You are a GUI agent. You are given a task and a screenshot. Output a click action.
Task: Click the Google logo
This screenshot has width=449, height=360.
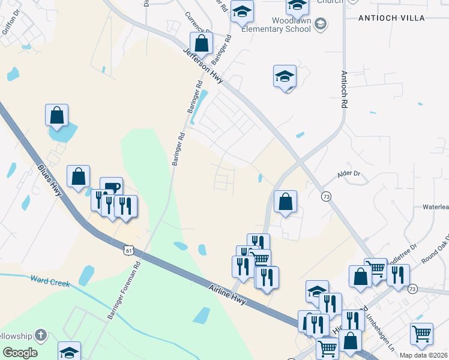19,352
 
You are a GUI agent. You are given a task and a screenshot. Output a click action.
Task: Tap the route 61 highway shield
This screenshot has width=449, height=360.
127,250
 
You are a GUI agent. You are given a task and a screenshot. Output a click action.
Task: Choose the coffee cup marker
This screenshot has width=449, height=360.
112,187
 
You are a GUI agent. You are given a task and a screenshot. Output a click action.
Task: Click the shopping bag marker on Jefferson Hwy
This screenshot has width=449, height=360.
202,43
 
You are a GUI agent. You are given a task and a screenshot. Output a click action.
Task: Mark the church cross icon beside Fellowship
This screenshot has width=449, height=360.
40,335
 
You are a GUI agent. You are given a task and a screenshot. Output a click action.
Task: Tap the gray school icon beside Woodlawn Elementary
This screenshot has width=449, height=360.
321,24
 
